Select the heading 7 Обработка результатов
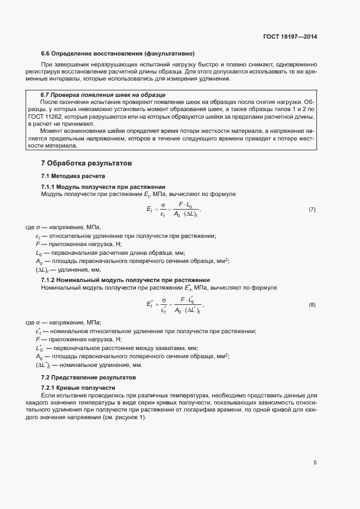coord(87,163)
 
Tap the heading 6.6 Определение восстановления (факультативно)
coord(118,53)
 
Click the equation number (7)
coord(312,210)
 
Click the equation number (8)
coord(312,304)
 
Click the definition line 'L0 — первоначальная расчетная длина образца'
coord(110,253)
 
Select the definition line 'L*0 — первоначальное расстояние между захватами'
coord(117,348)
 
